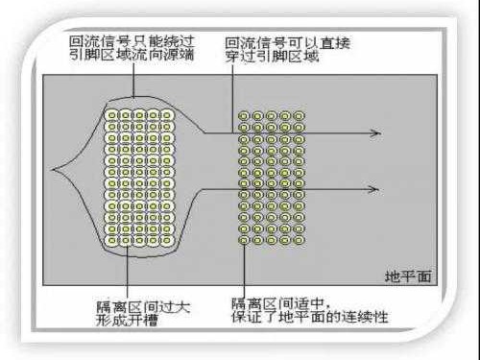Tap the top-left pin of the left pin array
[112, 116]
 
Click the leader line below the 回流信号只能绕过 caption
[129, 84]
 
